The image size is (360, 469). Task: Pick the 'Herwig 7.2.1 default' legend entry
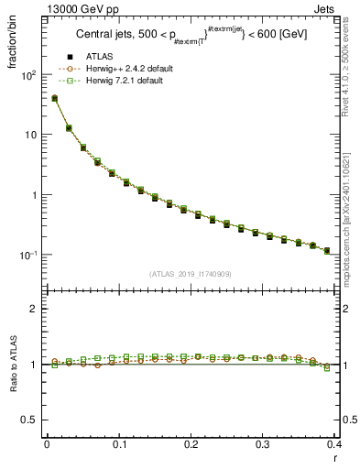(126, 81)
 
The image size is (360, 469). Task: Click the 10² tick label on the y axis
(27, 75)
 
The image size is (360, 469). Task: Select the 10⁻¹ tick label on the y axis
(27, 255)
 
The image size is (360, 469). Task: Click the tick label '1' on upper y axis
(32, 195)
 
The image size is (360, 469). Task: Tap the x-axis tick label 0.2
(191, 444)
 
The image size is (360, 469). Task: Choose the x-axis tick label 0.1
(119, 444)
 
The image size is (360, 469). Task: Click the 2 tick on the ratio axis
(32, 309)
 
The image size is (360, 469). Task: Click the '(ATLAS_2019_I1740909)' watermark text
(190, 274)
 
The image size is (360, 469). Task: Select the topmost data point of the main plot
(54, 98)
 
